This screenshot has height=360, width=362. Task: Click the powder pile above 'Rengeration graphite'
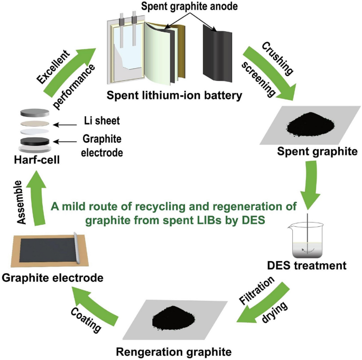(174, 317)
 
